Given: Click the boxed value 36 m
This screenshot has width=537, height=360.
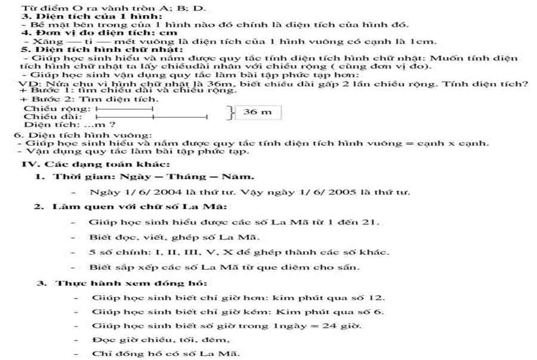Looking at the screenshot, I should point(258,112).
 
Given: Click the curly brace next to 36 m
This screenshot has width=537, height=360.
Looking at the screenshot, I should point(230,112).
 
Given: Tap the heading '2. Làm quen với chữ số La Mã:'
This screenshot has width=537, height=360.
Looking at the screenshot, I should point(129,207).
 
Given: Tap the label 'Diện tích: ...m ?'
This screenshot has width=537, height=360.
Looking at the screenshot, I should point(69,125).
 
